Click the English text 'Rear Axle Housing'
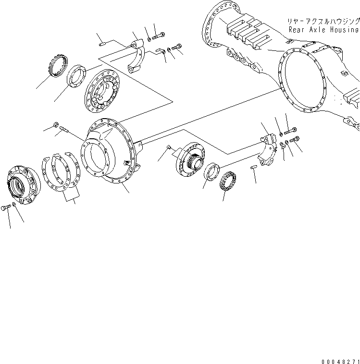(x=324, y=29)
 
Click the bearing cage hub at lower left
(x=23, y=182)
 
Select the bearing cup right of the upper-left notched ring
(x=75, y=75)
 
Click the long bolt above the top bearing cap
(x=159, y=35)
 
